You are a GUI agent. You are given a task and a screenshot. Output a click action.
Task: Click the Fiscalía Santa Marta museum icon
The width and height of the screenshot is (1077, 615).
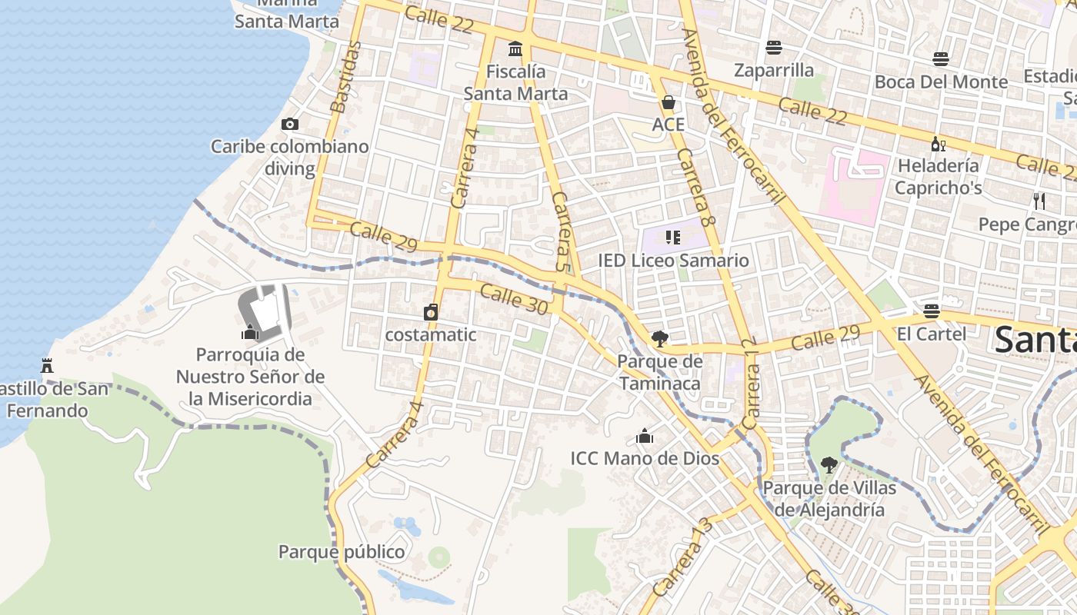(515, 49)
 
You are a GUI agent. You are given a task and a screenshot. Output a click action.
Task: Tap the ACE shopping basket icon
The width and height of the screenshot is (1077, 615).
(668, 102)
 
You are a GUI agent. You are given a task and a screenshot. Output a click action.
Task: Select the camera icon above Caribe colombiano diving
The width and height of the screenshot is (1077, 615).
(290, 124)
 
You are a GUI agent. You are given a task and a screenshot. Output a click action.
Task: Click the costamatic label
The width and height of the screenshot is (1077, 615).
(430, 335)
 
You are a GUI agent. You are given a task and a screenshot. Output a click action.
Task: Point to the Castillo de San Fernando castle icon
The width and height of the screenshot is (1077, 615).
(47, 365)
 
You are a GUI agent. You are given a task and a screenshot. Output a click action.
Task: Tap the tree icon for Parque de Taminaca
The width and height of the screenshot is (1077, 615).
(659, 338)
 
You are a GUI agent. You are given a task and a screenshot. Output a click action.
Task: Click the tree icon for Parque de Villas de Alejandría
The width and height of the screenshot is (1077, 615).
(829, 464)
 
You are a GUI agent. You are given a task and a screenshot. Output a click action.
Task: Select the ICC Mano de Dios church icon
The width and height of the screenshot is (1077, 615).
(645, 437)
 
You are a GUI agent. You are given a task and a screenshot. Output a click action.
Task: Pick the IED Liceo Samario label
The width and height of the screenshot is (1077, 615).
(673, 261)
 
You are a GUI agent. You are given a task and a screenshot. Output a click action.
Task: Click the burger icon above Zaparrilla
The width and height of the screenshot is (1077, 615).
(774, 48)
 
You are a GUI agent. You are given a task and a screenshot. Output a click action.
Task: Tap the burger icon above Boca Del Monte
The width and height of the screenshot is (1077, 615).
(940, 58)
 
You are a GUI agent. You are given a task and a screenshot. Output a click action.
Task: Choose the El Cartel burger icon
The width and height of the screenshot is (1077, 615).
(932, 311)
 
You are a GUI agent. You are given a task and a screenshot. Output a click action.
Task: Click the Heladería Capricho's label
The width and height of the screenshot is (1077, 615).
(939, 177)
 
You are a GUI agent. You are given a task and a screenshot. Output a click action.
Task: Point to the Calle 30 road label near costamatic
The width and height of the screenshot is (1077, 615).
(513, 299)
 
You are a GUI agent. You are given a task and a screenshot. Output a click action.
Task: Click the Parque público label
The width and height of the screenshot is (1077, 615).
(342, 552)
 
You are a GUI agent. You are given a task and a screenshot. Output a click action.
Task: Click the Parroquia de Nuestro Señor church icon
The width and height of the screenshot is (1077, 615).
(249, 332)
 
